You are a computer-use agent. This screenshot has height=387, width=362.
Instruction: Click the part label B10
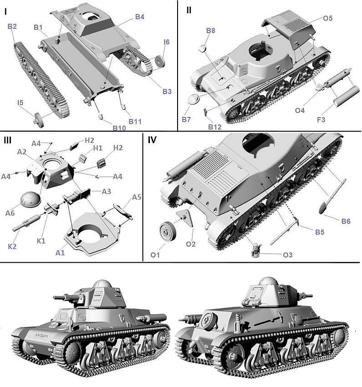click(119, 128)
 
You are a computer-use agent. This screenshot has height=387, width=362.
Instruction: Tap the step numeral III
click(8, 140)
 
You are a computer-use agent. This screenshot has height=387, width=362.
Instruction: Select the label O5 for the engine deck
click(328, 18)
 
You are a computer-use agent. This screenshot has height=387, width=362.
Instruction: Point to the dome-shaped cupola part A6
click(31, 199)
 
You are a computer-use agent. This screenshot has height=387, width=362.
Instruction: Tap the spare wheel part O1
click(168, 231)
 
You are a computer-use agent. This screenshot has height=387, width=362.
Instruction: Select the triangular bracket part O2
click(187, 218)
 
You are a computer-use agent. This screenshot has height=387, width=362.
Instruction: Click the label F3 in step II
click(321, 120)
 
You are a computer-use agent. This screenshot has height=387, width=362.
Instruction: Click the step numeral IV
click(152, 140)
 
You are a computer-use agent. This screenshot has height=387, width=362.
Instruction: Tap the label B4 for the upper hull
click(140, 17)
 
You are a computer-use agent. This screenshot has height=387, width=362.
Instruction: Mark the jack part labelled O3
click(257, 250)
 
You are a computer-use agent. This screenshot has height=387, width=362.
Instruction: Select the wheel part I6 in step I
click(160, 61)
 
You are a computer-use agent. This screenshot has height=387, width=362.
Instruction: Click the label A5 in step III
click(137, 197)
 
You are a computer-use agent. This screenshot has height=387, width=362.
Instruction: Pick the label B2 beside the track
click(12, 26)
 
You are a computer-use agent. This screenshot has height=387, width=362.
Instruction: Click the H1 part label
click(97, 148)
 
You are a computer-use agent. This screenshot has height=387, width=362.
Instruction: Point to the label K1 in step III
click(41, 241)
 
